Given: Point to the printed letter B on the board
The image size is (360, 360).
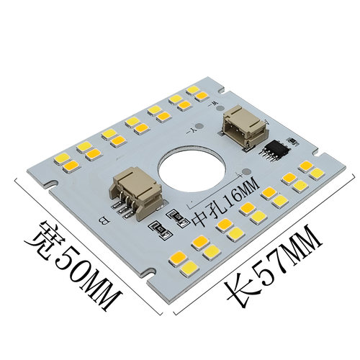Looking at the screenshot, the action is click(x=103, y=221).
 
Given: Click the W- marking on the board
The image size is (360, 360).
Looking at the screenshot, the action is click(x=214, y=104).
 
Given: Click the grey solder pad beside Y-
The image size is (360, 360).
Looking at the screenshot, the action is click(x=199, y=126).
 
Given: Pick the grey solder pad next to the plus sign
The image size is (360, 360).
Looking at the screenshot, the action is click(x=246, y=171).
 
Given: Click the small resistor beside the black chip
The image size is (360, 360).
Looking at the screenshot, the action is click(x=292, y=141).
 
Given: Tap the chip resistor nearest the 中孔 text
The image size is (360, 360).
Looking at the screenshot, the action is click(x=178, y=217).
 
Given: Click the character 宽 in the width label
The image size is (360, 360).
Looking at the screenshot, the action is click(x=42, y=238).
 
